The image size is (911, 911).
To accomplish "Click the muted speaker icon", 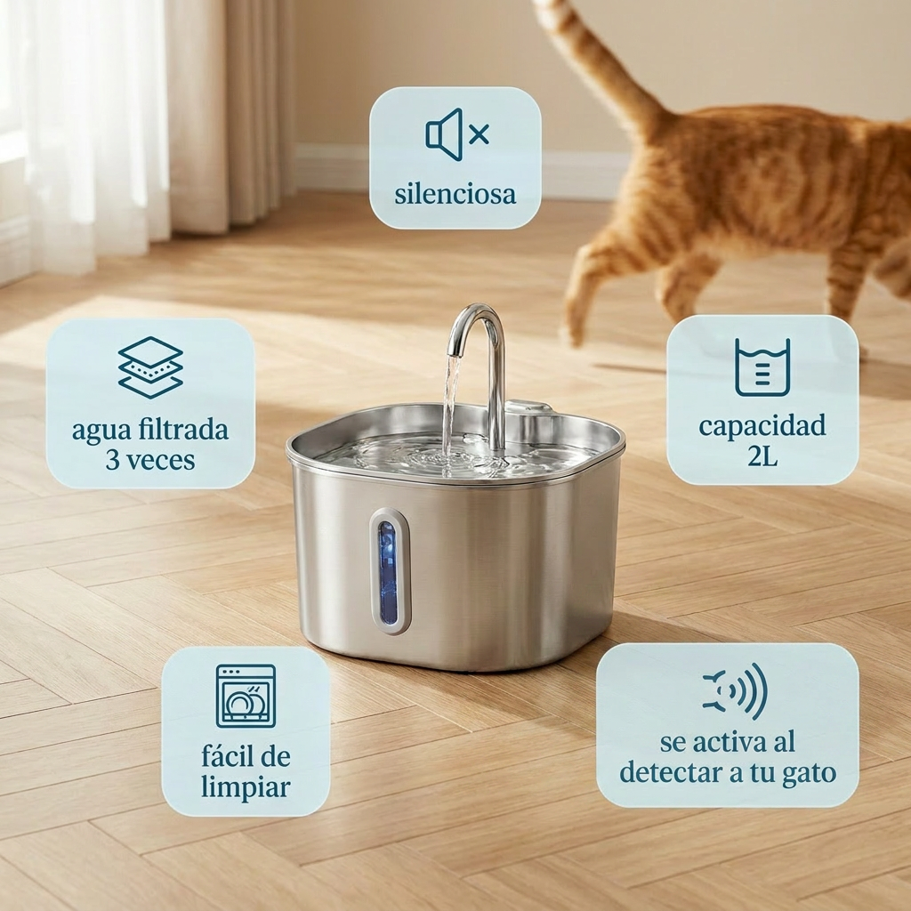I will (456, 134).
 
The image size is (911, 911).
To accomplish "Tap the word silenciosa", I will (455, 193).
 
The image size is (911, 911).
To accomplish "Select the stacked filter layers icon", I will (150, 367).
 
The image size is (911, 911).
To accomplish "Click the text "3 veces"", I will (150, 460).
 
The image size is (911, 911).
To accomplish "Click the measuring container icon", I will (762, 367).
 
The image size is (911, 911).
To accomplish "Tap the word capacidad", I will (762, 425).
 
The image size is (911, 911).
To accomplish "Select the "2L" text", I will (762, 456).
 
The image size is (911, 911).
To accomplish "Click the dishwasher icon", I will (246, 696).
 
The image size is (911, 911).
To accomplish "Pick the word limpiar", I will (246, 787).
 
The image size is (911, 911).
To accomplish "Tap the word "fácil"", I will (224, 757).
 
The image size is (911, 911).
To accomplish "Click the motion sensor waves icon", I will (735, 690).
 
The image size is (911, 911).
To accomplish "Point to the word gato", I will (808, 772).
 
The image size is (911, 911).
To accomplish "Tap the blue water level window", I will (389, 571).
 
